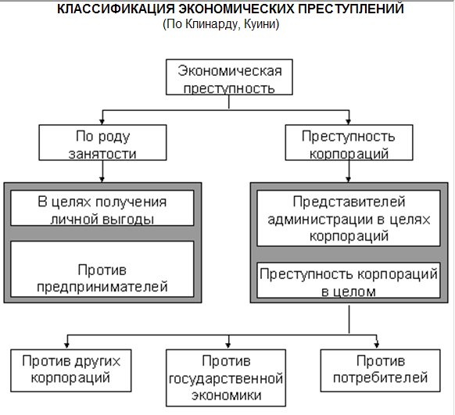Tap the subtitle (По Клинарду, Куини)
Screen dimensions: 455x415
[220, 24]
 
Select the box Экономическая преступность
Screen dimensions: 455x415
[229, 77]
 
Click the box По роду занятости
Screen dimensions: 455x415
[102, 143]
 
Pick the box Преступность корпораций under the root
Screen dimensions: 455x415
[349, 143]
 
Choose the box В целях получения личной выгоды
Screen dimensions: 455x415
[102, 208]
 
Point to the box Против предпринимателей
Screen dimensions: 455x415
[102, 269]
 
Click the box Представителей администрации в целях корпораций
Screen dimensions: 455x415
[349, 218]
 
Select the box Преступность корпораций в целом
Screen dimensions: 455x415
[349, 280]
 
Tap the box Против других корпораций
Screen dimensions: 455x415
[71, 370]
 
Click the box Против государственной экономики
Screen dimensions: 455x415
[226, 378]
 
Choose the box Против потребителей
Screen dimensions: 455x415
[381, 370]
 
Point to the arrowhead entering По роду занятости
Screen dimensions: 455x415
[102, 122]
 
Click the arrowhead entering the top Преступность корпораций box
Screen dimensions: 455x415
[349, 122]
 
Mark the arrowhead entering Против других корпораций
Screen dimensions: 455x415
[67, 345]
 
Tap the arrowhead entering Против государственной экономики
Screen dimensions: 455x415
[228, 345]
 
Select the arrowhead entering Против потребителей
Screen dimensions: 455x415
[377, 345]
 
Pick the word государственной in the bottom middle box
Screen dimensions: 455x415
[226, 379]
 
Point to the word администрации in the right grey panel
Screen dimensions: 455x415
[321, 220]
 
